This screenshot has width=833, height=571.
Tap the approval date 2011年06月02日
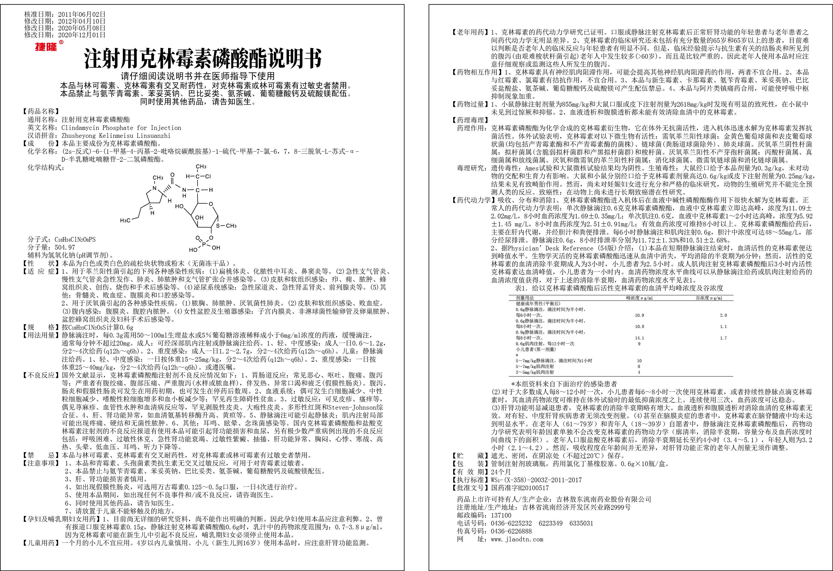pos(82,14)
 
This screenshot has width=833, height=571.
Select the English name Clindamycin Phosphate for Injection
pos(121,128)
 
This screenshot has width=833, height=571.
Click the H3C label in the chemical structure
pos(125,220)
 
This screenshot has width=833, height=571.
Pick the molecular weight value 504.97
pos(65,247)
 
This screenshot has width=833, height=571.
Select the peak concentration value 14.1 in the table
pos(639,338)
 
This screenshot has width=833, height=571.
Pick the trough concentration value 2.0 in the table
pos(723,315)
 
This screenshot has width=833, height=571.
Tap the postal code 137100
pos(501,515)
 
